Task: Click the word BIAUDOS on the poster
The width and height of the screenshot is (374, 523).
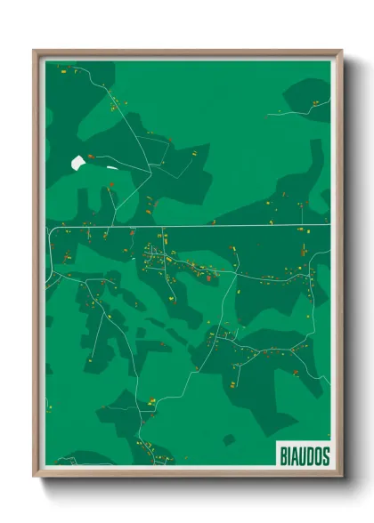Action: point(304,455)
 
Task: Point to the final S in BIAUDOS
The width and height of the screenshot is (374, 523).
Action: point(325,455)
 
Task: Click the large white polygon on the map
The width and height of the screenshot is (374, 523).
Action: point(78,163)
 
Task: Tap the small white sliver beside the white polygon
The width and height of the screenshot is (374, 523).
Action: point(111,166)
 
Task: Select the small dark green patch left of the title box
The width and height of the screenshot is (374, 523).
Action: point(229,439)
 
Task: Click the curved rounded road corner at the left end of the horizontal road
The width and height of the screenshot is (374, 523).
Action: point(52,230)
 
